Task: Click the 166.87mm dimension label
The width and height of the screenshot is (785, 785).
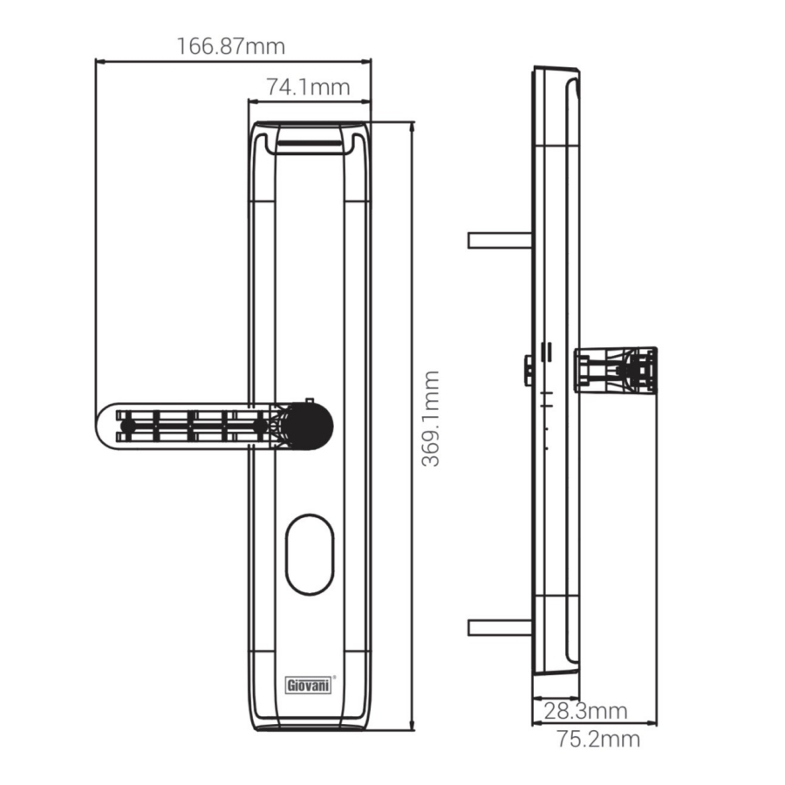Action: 231,46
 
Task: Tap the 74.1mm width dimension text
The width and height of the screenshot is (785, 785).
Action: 307,87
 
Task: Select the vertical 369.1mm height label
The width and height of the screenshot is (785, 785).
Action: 430,419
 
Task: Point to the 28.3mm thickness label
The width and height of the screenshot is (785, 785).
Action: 585,711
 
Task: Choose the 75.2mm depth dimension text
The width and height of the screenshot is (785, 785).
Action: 598,739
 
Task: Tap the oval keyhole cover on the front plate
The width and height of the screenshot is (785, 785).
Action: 310,555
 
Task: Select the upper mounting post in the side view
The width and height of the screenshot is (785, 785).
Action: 500,241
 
